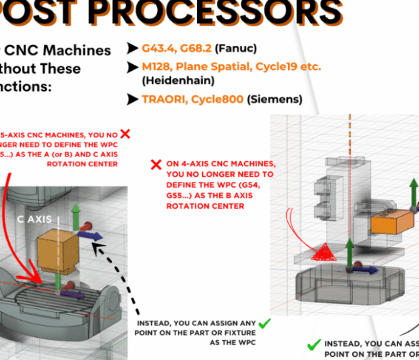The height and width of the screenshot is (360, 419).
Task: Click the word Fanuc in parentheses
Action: pyautogui.click(x=240, y=48)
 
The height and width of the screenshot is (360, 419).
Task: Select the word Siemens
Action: pyautogui.click(x=281, y=99)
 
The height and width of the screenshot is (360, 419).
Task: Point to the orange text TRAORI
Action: pyautogui.click(x=164, y=99)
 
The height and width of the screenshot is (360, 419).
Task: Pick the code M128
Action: pyautogui.click(x=158, y=67)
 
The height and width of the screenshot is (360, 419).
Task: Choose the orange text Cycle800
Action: pyautogui.click(x=219, y=99)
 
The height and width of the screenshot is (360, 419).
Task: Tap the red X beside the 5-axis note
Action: pyautogui.click(x=125, y=134)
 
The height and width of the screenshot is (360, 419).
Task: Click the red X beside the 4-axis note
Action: pyautogui.click(x=156, y=164)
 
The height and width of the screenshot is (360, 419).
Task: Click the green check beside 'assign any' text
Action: pyautogui.click(x=264, y=323)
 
